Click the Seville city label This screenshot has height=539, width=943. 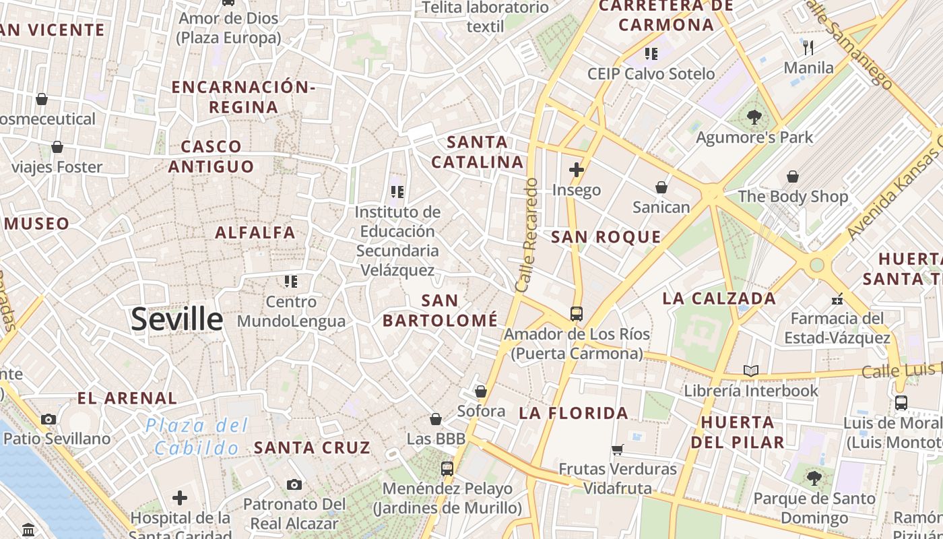pyautogui.click(x=176, y=319)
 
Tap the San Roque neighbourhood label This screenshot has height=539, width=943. pyautogui.click(x=606, y=236)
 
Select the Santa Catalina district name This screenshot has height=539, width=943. pyautogui.click(x=478, y=152)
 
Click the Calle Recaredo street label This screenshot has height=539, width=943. pyautogui.click(x=526, y=234)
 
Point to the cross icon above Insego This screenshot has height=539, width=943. pyautogui.click(x=576, y=170)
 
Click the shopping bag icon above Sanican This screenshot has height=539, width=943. pyautogui.click(x=661, y=187)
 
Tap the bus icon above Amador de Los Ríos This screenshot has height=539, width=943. pyautogui.click(x=577, y=313)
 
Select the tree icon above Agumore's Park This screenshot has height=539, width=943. pyautogui.click(x=754, y=117)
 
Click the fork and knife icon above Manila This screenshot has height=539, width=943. pyautogui.click(x=809, y=47)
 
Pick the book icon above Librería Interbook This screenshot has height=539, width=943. pyautogui.click(x=750, y=371)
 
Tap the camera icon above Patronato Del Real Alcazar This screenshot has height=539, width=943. pyautogui.click(x=294, y=484)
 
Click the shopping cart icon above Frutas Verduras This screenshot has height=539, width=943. pyautogui.click(x=618, y=449)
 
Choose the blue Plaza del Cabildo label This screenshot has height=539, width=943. pyautogui.click(x=196, y=436)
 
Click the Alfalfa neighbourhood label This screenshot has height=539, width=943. pyautogui.click(x=255, y=232)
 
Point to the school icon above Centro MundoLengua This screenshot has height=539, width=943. pyautogui.click(x=291, y=281)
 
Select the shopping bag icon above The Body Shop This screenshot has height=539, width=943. pyautogui.click(x=793, y=177)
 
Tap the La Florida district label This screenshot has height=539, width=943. pyautogui.click(x=573, y=413)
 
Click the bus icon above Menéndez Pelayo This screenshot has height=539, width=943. pyautogui.click(x=447, y=468)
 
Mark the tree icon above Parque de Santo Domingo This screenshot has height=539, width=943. pyautogui.click(x=814, y=478)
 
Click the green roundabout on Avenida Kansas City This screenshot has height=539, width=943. pyautogui.click(x=816, y=265)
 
